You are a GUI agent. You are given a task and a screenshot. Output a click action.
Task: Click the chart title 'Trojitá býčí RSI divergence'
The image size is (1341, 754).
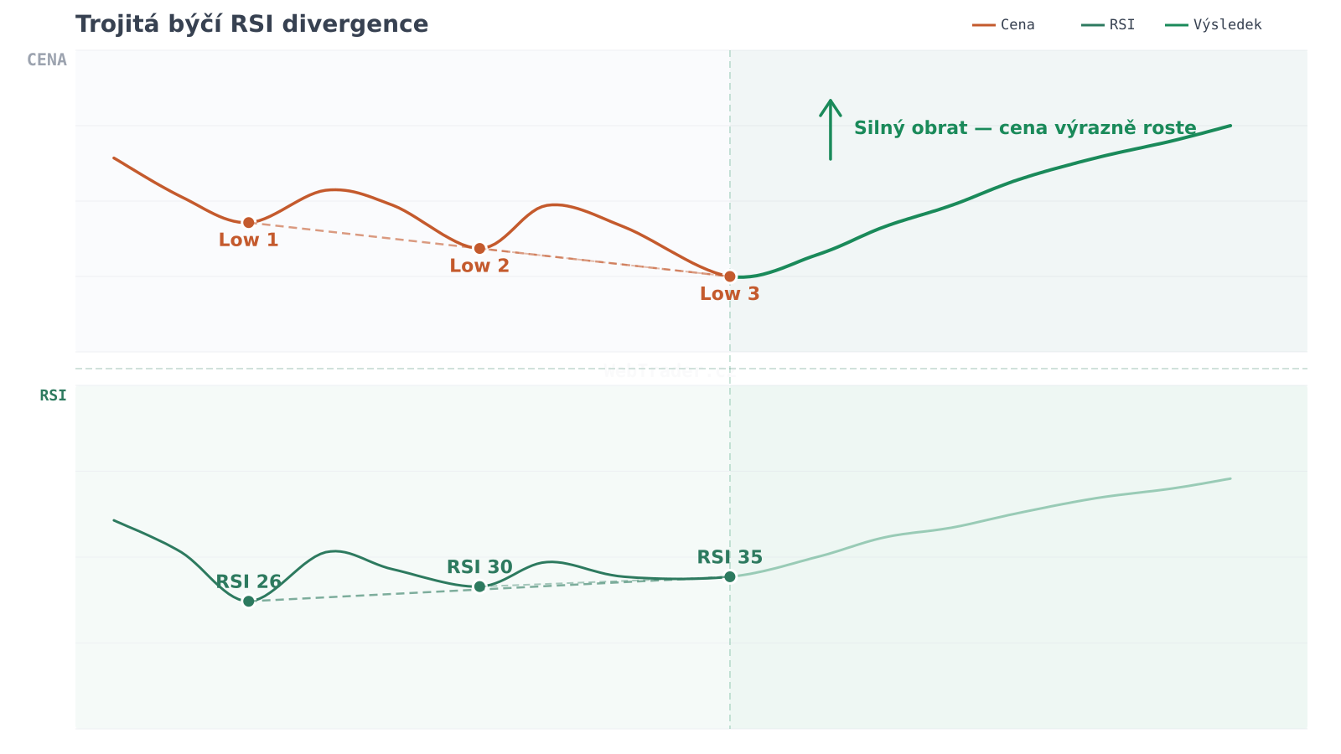click(251, 24)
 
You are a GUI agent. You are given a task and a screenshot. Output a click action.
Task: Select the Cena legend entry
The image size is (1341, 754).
click(1004, 25)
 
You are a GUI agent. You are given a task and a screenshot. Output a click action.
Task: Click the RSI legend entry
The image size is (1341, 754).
click(1109, 25)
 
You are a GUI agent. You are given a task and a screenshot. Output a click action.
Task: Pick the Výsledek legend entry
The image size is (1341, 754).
click(1214, 25)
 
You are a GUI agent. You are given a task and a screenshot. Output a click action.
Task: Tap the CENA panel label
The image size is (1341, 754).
click(47, 60)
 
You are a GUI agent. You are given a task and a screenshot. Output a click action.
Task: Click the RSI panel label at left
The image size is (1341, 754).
click(53, 396)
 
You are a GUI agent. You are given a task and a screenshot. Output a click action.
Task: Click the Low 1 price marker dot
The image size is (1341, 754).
click(249, 223)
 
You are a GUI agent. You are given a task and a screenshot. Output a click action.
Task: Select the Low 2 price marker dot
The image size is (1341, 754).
click(479, 249)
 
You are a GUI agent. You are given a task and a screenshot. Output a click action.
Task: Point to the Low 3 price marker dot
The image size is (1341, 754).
click(730, 276)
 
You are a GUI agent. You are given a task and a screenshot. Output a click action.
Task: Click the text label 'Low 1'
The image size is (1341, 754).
click(249, 240)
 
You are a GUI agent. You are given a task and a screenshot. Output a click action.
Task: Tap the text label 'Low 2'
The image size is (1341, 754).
click(479, 266)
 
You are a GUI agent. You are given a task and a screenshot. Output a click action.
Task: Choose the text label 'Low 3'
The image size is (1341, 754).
click(730, 294)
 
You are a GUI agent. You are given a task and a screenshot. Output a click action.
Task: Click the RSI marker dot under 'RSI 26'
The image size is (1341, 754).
click(249, 602)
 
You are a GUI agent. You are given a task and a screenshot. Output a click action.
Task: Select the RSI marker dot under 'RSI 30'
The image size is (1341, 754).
click(479, 586)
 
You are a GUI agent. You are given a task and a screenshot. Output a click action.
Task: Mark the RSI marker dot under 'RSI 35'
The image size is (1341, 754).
click(730, 576)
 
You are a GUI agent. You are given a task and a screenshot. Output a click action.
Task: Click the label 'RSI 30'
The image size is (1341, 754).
click(479, 567)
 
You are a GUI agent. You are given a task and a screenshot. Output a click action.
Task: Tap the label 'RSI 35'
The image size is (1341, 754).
click(730, 558)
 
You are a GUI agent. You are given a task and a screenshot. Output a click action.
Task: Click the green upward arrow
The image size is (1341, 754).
click(830, 129)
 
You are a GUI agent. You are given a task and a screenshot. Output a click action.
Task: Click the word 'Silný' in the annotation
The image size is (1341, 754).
click(876, 128)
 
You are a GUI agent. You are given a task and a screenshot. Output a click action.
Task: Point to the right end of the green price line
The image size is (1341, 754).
click(1230, 126)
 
